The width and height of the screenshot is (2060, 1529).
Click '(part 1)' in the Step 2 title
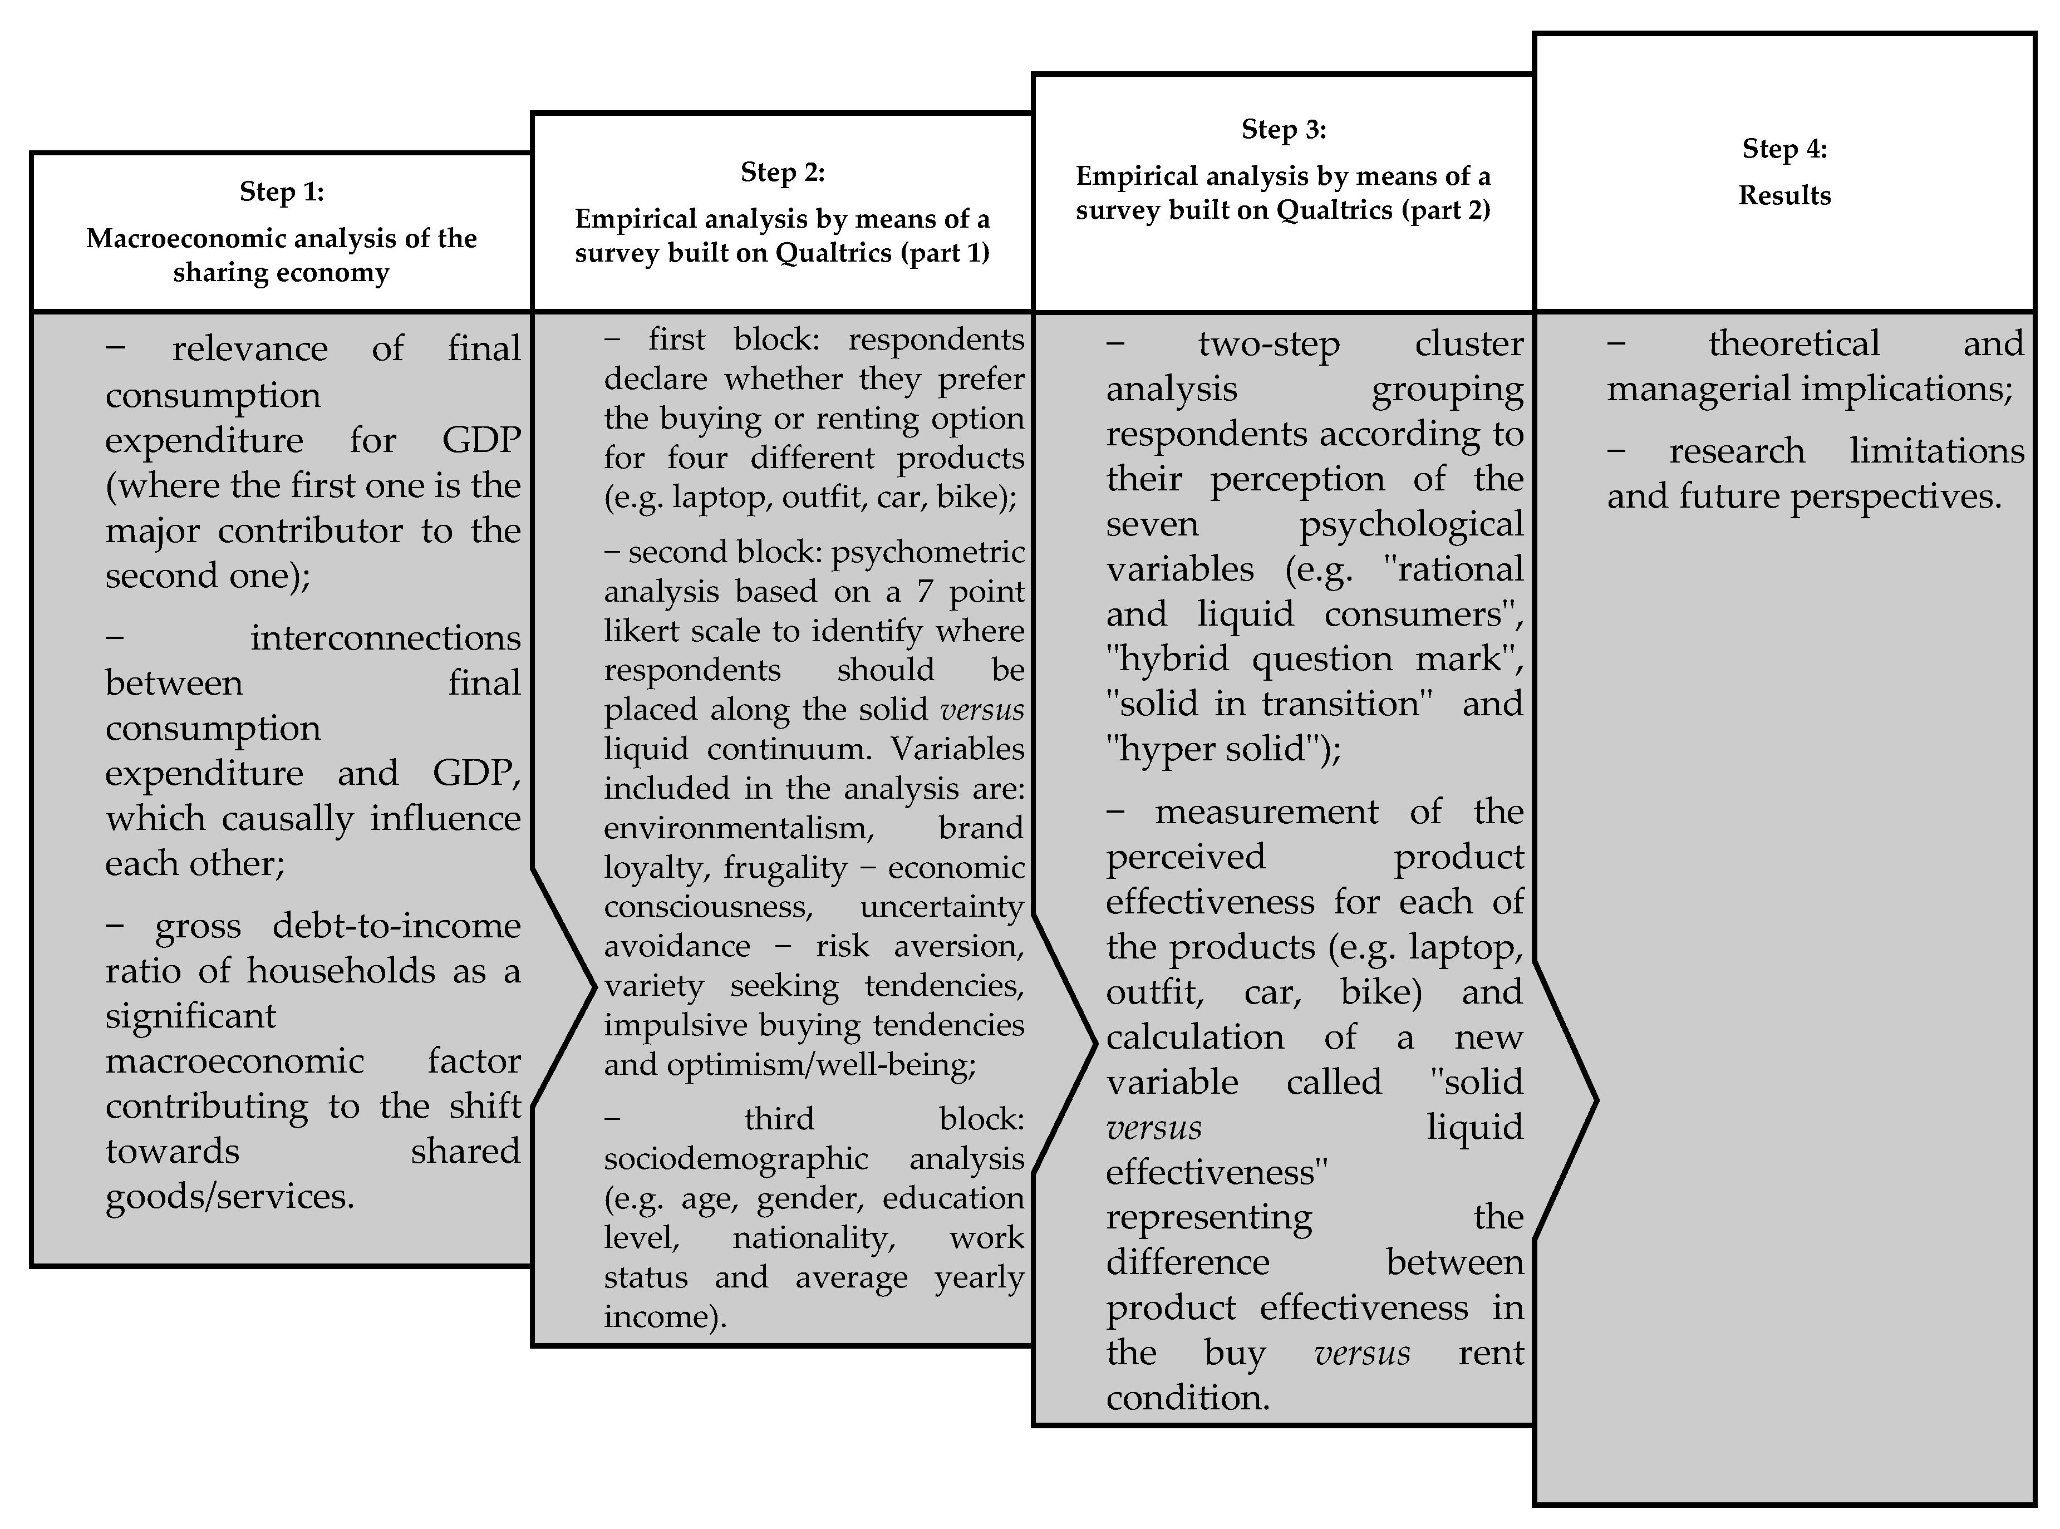coord(945,253)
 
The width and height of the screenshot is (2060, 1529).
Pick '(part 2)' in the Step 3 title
coord(1446,210)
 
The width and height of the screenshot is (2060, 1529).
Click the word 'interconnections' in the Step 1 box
coord(385,638)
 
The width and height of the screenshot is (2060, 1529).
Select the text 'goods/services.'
coord(229,1197)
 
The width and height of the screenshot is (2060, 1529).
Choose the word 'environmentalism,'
coord(739,828)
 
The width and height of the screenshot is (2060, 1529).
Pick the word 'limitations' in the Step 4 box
coord(1936,451)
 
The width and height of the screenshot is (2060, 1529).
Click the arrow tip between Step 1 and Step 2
coord(593,987)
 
